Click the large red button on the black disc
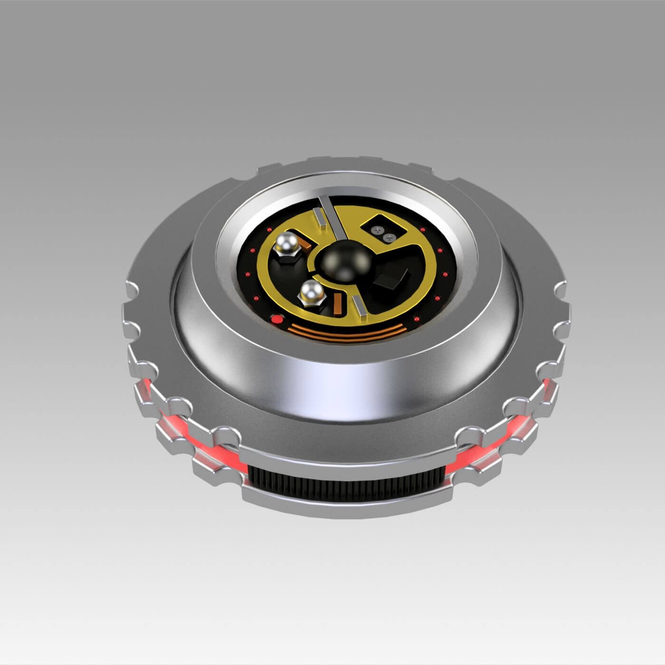(x=275, y=319)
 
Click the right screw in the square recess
(x=390, y=237)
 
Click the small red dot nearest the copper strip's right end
(x=416, y=318)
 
